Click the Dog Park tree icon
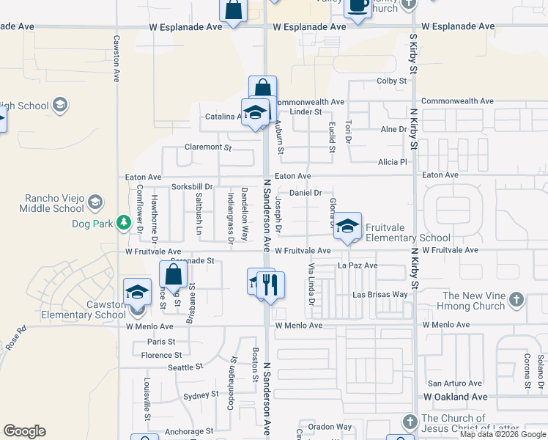pos(125,221)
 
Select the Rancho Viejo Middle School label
pos(50,203)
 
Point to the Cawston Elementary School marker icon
pos(137,293)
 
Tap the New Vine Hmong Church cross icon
pos(516,299)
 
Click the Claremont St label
pos(207,147)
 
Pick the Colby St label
pos(391,81)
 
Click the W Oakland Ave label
pos(455,397)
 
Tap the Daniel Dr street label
pos(306,193)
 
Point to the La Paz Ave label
pos(358,265)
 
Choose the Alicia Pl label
pos(392,162)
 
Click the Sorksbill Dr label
pos(192,187)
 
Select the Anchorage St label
pos(188,431)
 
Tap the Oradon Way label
pos(330,427)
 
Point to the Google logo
pos(24,431)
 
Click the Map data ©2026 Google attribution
pos(502,434)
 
